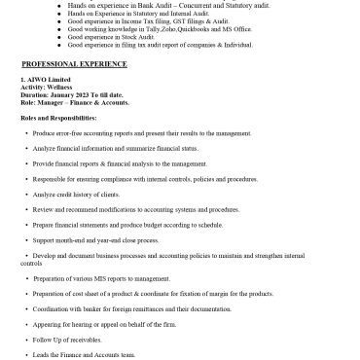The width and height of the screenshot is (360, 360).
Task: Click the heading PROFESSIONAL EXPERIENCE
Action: [x=74, y=63]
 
